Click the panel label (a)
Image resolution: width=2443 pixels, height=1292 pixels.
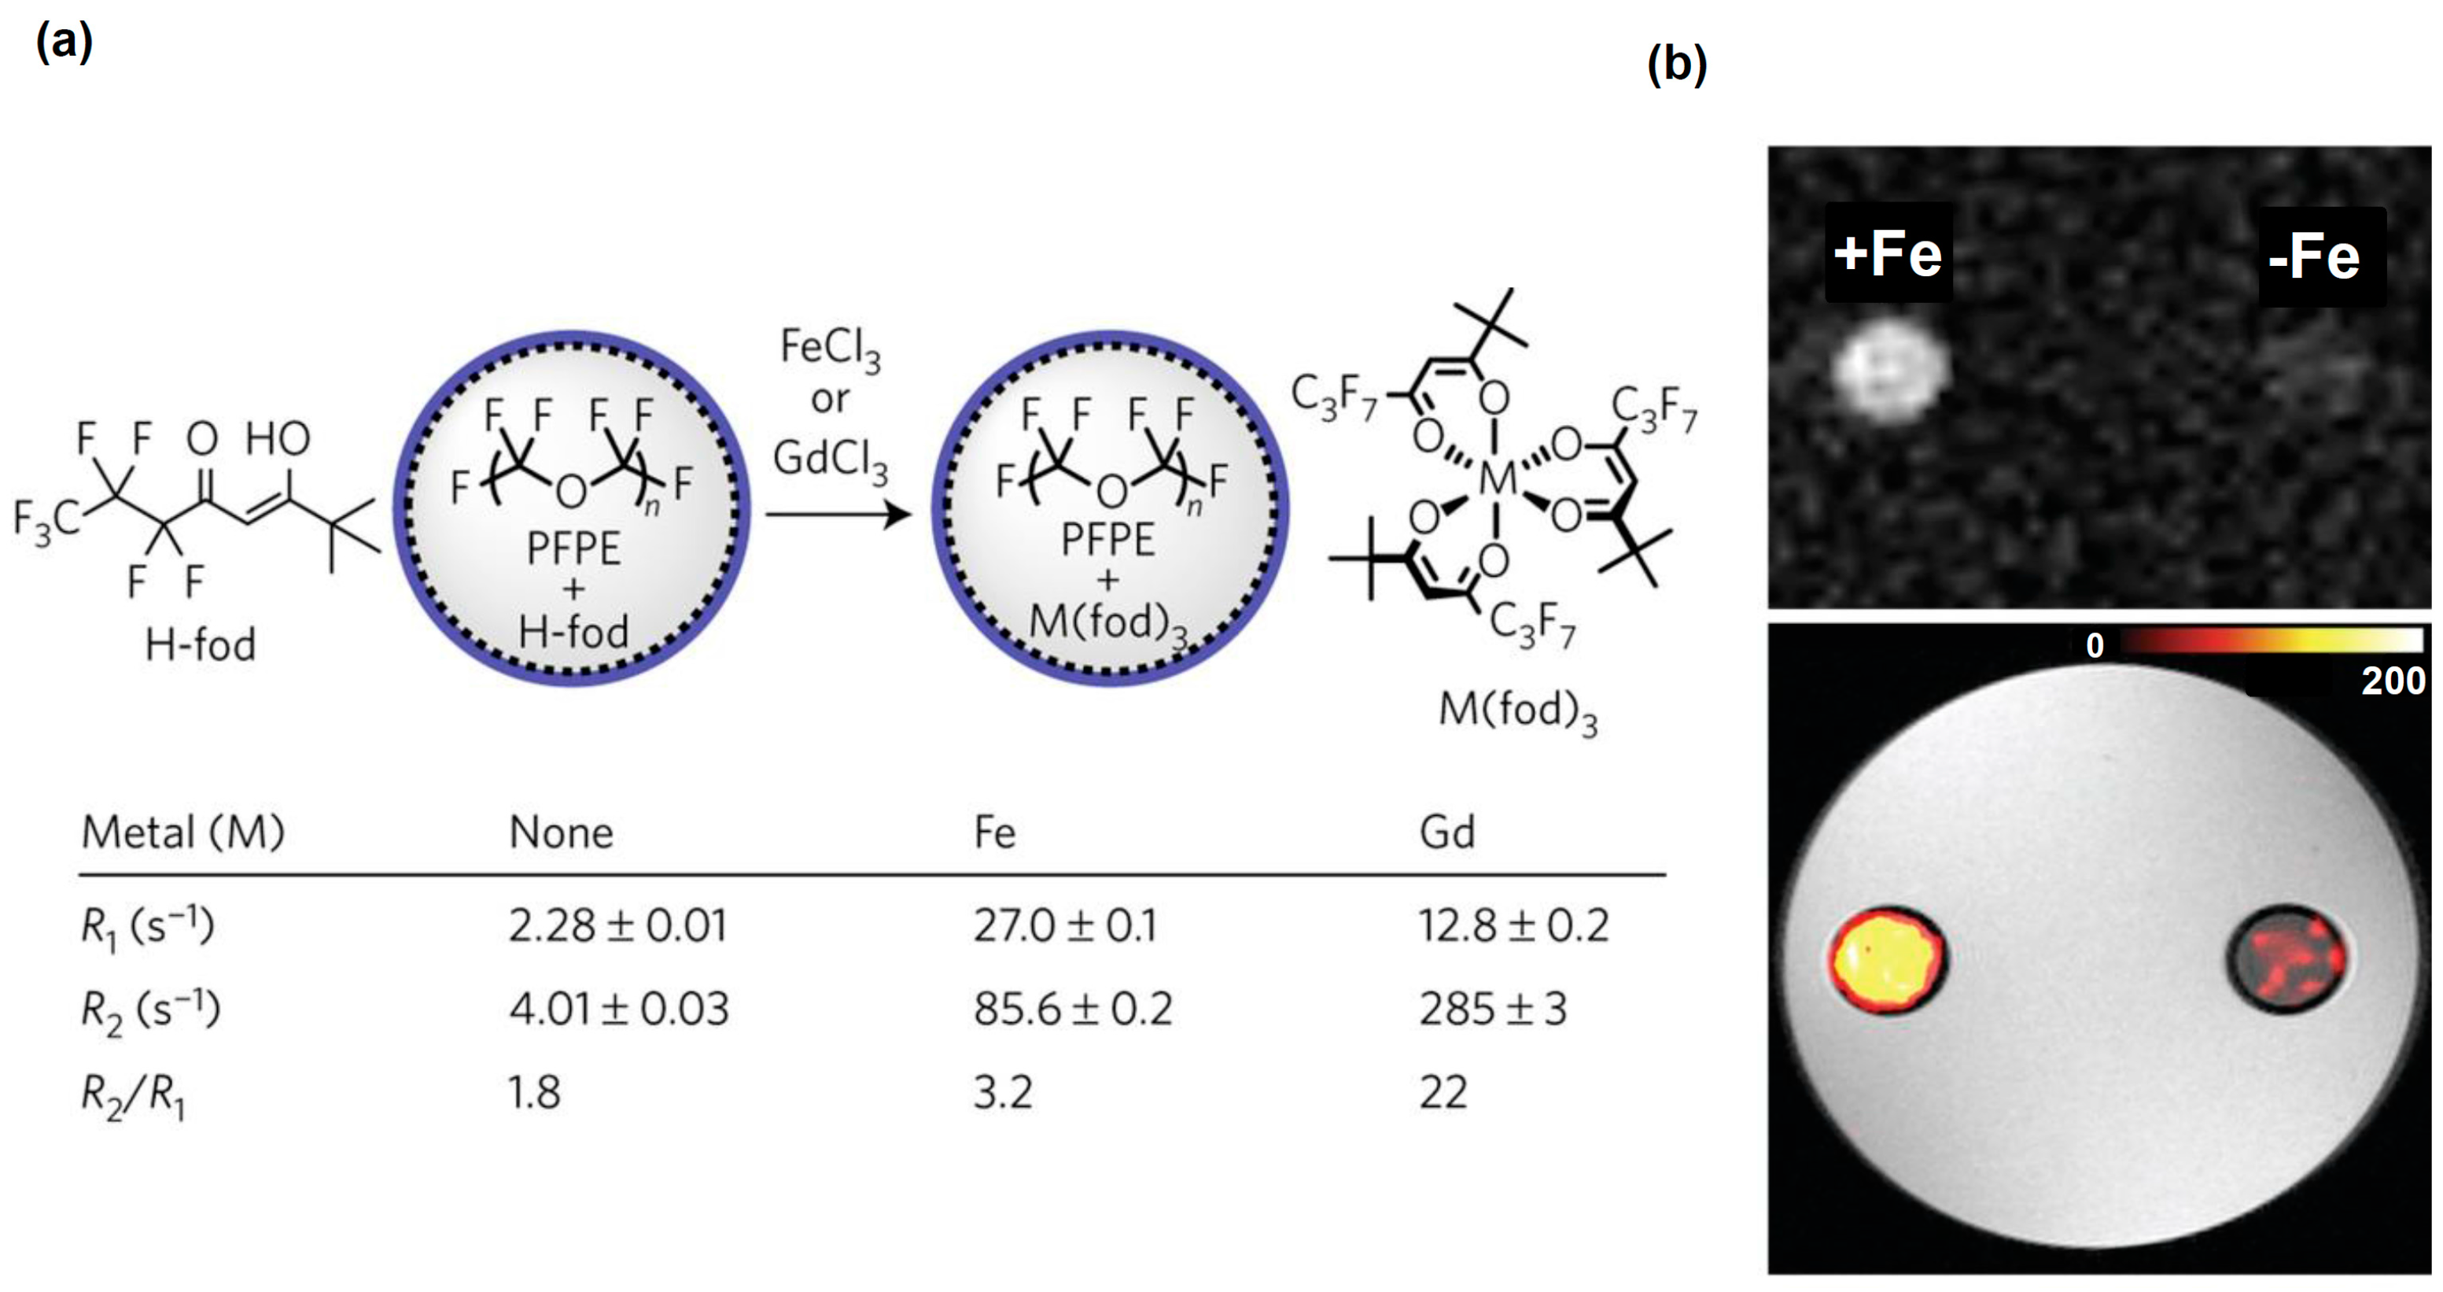[x=64, y=42]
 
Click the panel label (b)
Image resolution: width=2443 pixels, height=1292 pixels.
[x=1677, y=65]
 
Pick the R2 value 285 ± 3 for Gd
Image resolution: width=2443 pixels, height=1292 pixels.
[x=1492, y=1009]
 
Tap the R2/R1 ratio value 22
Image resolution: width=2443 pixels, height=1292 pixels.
[x=1443, y=1092]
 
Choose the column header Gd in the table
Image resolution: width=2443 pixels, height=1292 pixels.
[x=1446, y=832]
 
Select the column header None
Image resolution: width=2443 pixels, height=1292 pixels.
[x=561, y=832]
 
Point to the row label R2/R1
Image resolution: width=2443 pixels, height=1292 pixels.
[x=134, y=1095]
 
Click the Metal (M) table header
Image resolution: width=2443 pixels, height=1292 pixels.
[x=183, y=832]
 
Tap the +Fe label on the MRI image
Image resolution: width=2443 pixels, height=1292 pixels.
[x=1887, y=253]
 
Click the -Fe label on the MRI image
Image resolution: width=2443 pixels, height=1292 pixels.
[x=2314, y=257]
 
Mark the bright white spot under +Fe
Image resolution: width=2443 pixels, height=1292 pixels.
[x=1890, y=368]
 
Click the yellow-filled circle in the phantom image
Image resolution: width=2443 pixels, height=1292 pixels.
[x=1886, y=960]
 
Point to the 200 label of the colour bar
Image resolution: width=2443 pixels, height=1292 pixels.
[x=2392, y=681]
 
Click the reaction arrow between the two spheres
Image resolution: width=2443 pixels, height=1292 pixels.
[x=836, y=515]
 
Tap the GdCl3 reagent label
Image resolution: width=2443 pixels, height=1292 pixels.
[x=830, y=460]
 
